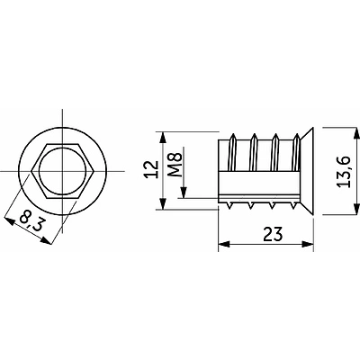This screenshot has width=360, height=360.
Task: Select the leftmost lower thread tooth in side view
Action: click(x=237, y=203)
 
